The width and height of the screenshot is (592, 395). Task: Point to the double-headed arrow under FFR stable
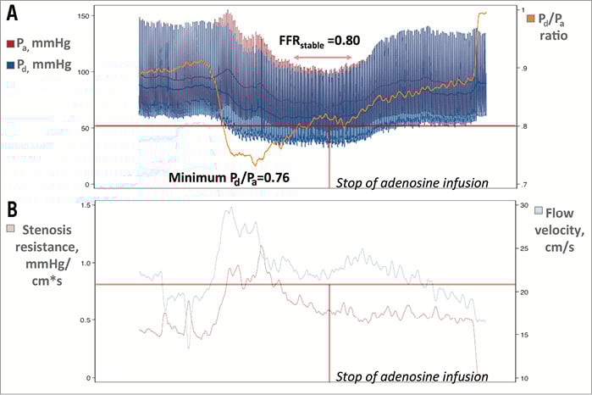(x=322, y=58)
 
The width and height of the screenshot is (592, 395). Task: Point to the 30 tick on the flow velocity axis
(x=523, y=206)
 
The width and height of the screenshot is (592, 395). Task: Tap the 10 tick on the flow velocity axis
(x=523, y=377)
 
